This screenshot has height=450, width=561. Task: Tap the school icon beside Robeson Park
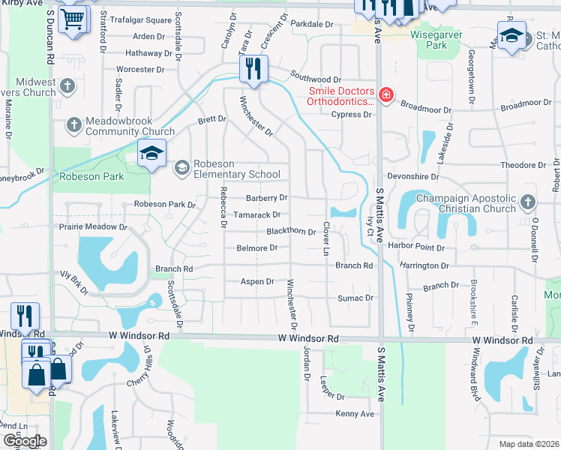[151, 154]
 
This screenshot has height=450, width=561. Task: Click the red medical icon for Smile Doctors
[386, 95]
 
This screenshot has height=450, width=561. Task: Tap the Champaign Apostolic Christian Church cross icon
[527, 202]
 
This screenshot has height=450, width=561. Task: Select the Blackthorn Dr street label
[291, 232]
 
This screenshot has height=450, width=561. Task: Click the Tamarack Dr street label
[257, 215]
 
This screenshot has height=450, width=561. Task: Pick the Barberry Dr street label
[266, 198]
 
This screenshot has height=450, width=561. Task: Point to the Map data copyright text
[529, 444]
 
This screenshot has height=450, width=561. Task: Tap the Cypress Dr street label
[352, 115]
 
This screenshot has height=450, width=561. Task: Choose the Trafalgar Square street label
[141, 20]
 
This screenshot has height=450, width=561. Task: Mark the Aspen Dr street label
[256, 282]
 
